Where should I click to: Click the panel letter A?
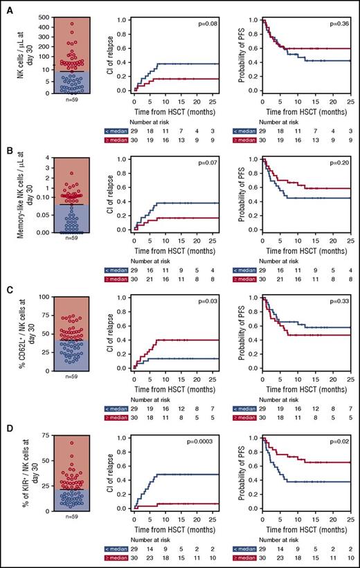(x=5, y=6)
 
